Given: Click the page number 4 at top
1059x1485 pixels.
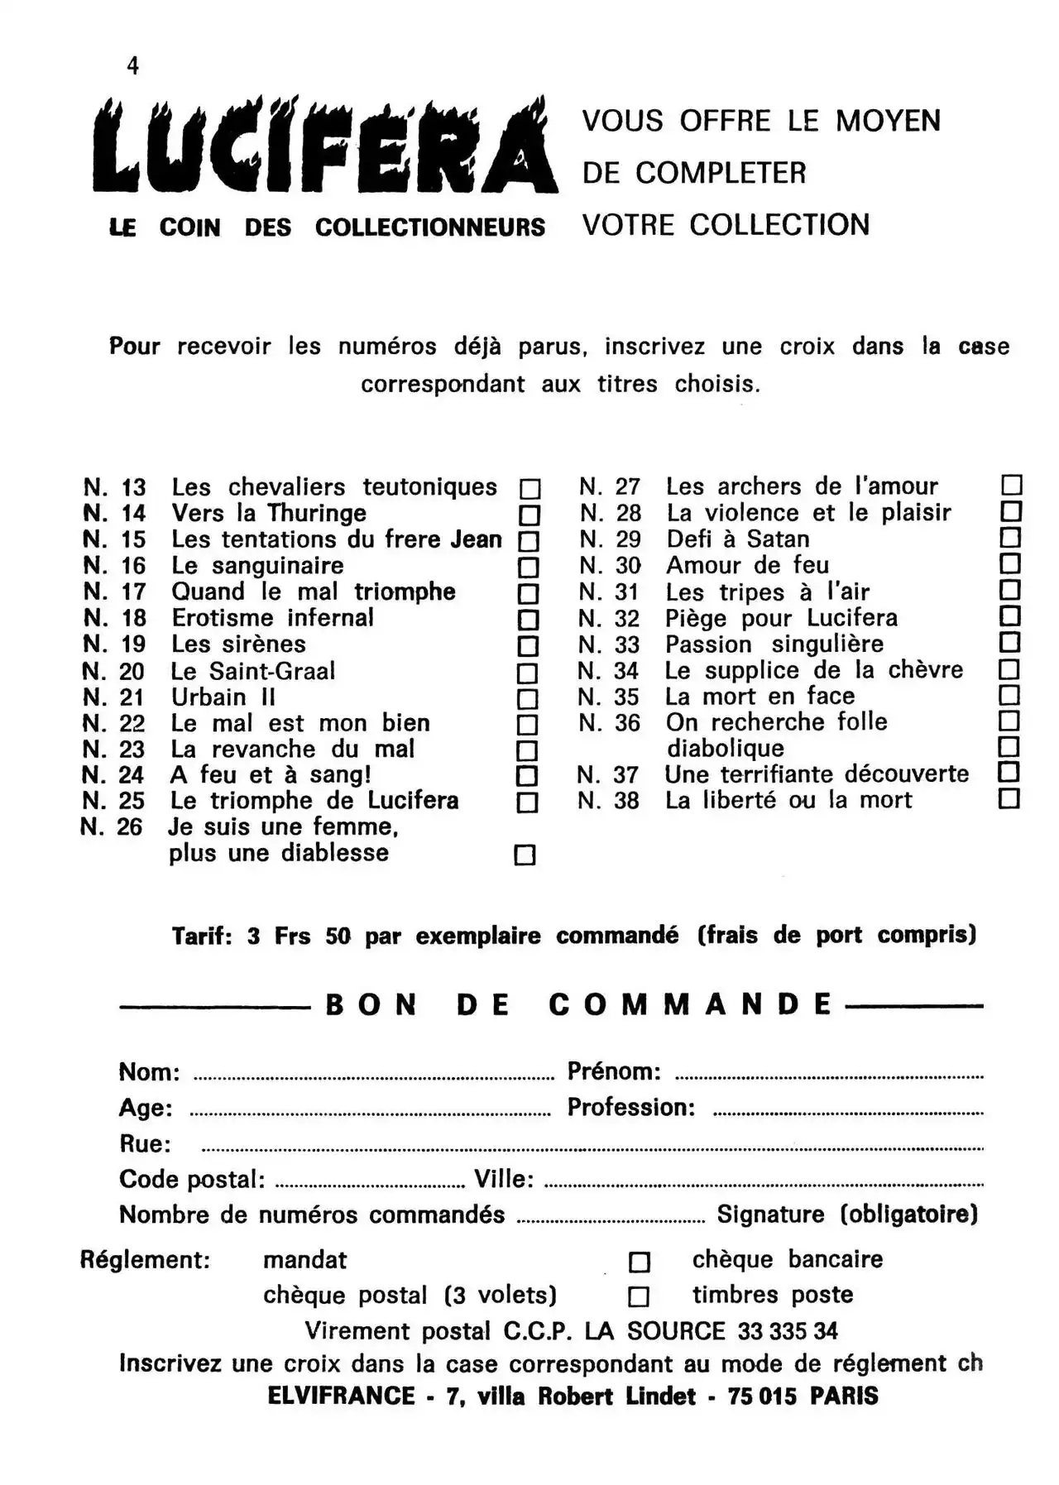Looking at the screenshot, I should (x=133, y=66).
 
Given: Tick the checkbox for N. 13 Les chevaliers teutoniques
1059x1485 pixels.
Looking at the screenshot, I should (x=529, y=489).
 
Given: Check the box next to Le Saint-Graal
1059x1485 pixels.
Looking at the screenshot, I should (x=527, y=673).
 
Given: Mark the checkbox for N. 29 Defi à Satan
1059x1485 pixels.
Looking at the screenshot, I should (x=1010, y=538).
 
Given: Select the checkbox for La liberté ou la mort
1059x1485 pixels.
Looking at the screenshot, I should (x=1009, y=799).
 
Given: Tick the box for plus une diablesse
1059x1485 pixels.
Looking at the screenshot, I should (x=525, y=855).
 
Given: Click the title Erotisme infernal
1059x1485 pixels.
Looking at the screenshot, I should (x=272, y=618).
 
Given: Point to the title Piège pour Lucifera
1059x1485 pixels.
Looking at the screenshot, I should (x=781, y=618).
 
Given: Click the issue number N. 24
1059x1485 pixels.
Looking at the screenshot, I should (x=113, y=775).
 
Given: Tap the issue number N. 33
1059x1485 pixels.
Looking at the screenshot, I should (x=609, y=644).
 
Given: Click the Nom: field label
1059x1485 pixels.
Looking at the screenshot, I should (x=149, y=1072).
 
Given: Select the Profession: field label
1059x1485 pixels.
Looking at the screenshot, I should (x=630, y=1108).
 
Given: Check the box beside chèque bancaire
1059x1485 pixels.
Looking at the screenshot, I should (x=640, y=1262).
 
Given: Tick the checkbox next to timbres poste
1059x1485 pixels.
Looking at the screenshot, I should (x=639, y=1296).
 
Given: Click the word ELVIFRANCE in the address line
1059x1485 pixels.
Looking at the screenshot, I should (x=341, y=1396).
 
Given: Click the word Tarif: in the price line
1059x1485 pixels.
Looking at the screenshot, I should (x=202, y=937).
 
